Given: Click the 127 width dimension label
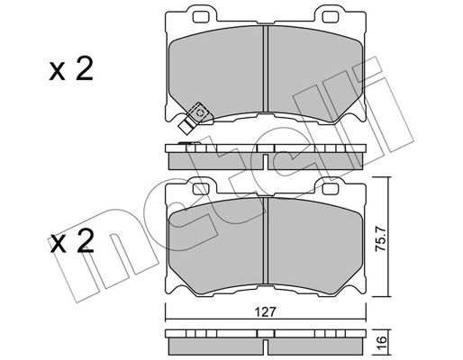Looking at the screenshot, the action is pyautogui.click(x=266, y=312).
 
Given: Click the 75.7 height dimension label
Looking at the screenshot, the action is pyautogui.click(x=380, y=239).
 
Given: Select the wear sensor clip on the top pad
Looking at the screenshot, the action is pyautogui.click(x=195, y=117).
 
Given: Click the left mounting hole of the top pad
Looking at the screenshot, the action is pyautogui.click(x=200, y=17).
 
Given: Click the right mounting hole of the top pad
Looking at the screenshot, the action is pyautogui.click(x=330, y=17).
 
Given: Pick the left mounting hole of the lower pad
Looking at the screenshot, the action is pyautogui.click(x=200, y=189).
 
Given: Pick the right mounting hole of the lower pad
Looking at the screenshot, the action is pyautogui.click(x=330, y=189).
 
